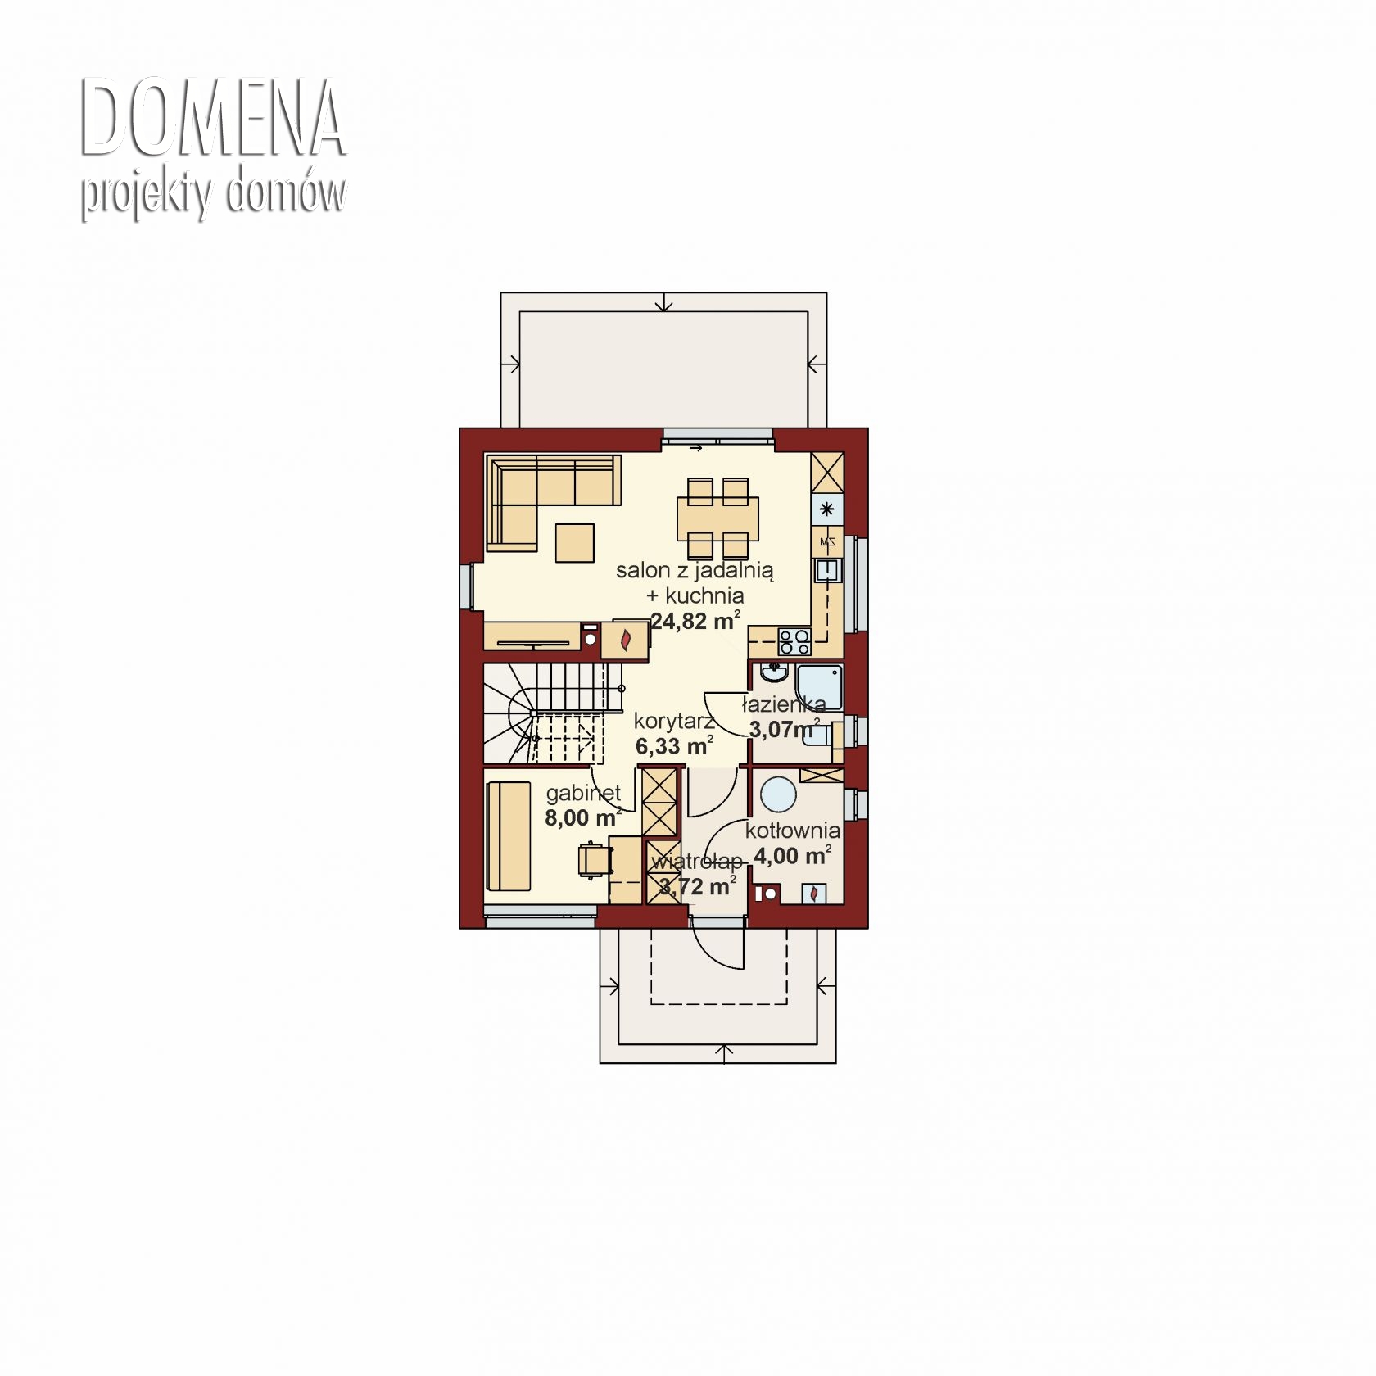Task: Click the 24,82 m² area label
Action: point(695,620)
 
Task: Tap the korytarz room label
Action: point(674,721)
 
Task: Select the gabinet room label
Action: point(583,793)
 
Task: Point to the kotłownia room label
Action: point(792,831)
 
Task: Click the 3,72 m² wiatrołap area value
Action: point(697,886)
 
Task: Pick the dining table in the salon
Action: point(717,518)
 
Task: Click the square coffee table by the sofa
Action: point(575,542)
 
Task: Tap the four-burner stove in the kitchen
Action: point(794,641)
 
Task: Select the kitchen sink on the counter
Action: point(827,570)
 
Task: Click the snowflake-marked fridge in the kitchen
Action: point(827,509)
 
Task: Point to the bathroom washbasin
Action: point(773,673)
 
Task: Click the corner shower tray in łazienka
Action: point(819,687)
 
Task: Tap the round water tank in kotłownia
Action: point(778,794)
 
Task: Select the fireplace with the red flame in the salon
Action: point(625,640)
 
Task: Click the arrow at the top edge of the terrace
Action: point(663,302)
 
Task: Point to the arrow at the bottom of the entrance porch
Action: point(724,1053)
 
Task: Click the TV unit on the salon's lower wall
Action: point(532,636)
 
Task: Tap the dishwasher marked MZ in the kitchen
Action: point(827,541)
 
